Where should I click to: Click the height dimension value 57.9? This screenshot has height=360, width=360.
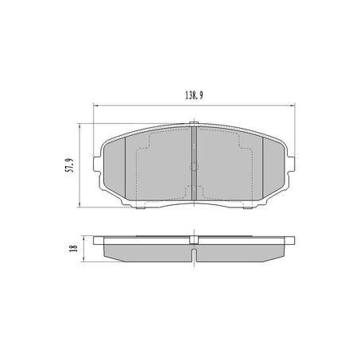click(x=70, y=165)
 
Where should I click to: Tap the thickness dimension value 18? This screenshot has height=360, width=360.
click(x=73, y=248)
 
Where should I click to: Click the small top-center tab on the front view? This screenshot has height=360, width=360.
click(x=194, y=123)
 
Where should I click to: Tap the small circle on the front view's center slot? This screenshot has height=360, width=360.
click(x=194, y=166)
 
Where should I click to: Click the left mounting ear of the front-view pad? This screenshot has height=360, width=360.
click(x=97, y=165)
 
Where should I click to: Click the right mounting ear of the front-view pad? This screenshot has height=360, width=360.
click(x=292, y=165)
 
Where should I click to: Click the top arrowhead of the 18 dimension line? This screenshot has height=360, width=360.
click(x=83, y=238)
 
